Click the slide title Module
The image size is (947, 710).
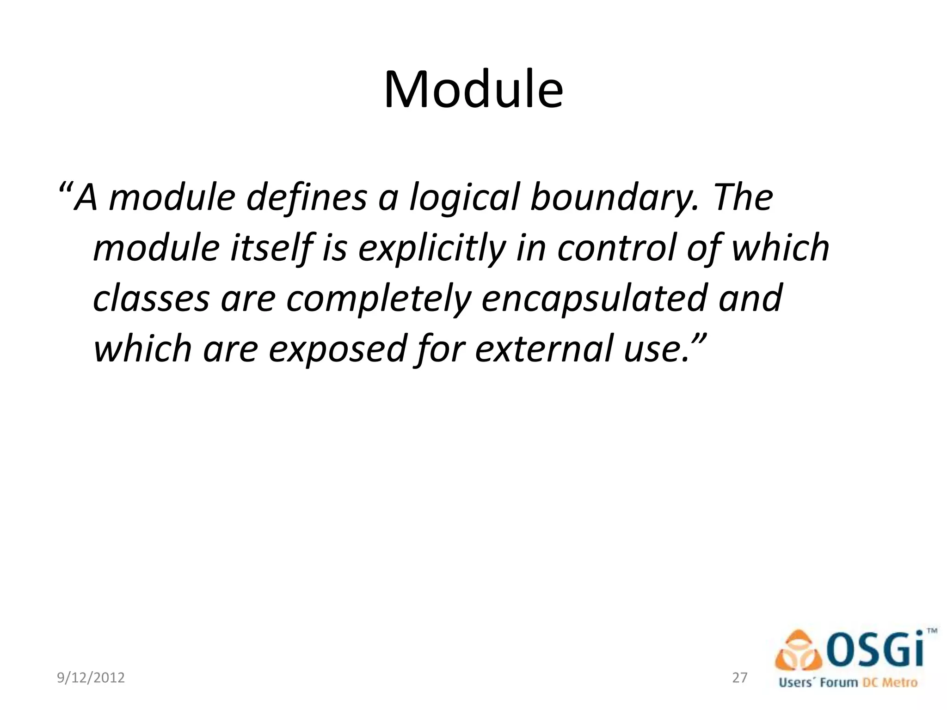click(473, 90)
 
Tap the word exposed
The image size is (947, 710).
click(338, 349)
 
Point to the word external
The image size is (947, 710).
click(543, 349)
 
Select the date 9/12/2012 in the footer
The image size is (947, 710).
click(91, 678)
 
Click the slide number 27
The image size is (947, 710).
click(740, 678)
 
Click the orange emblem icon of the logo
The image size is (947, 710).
click(799, 652)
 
